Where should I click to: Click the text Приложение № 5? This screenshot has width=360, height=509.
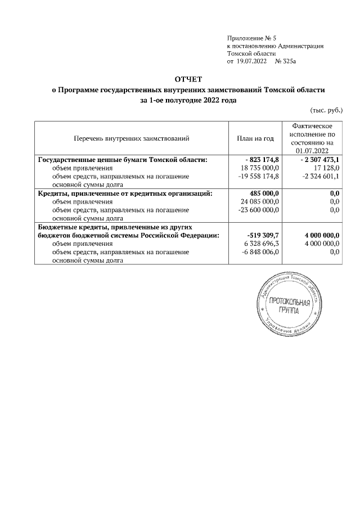coord(249,37)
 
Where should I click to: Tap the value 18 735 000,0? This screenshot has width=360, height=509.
coord(260,168)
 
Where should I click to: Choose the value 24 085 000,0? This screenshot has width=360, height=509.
coord(260,202)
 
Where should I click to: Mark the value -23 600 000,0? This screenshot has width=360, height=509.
coord(259,210)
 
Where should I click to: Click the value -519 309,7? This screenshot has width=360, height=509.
coord(263,236)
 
